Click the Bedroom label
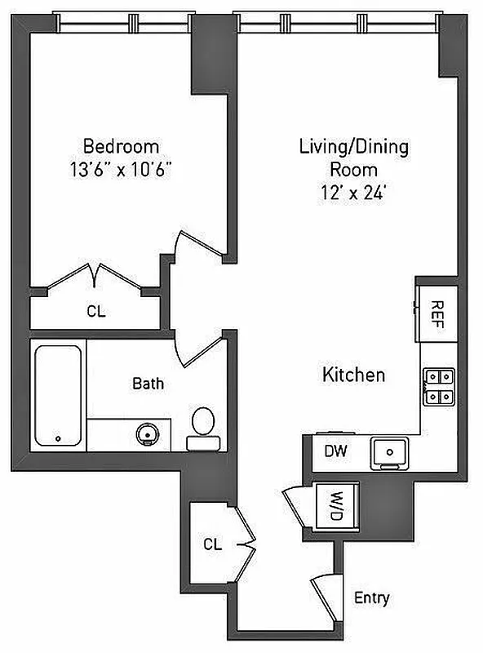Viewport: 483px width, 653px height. coord(122,147)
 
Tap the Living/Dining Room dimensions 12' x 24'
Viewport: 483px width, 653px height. coord(353,193)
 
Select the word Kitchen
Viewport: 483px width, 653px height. coord(353,375)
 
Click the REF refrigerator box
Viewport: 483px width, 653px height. coord(435,311)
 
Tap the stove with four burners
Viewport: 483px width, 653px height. coord(438,388)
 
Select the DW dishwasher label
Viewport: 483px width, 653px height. coord(335,451)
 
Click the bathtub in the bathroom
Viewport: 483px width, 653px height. coord(59,395)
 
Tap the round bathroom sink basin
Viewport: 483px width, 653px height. coord(148,433)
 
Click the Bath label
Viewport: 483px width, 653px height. coord(148,383)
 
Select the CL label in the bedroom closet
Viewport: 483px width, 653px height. coord(96,311)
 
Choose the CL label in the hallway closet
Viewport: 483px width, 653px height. coord(213,544)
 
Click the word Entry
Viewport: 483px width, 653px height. coord(371,598)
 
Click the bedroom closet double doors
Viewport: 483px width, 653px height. coord(96,278)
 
